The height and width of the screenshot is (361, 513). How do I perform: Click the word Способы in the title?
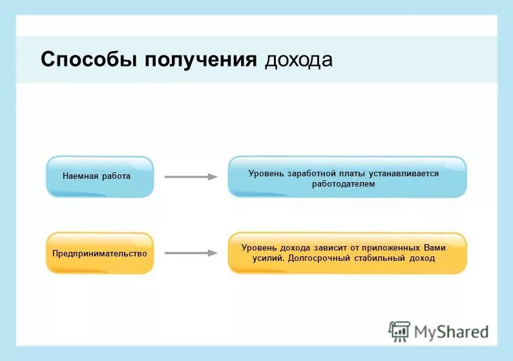click(89, 59)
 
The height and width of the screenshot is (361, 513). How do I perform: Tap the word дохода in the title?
click(299, 59)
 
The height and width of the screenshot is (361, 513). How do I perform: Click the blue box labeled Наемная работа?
click(99, 176)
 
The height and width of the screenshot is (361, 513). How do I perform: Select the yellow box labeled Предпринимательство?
click(99, 253)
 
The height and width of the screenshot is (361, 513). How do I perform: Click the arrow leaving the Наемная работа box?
click(191, 176)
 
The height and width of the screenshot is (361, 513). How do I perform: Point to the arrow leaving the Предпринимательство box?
click(191, 253)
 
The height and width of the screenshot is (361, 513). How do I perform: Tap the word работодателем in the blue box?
click(343, 184)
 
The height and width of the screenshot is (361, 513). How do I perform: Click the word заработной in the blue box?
click(308, 173)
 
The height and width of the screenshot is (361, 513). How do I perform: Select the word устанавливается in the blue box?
click(405, 173)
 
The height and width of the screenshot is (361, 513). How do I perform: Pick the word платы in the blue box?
click(351, 173)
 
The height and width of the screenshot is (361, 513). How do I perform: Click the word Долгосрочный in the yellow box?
click(317, 258)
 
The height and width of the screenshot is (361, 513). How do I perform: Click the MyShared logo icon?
click(399, 331)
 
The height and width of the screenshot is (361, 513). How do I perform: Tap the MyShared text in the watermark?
click(451, 332)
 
